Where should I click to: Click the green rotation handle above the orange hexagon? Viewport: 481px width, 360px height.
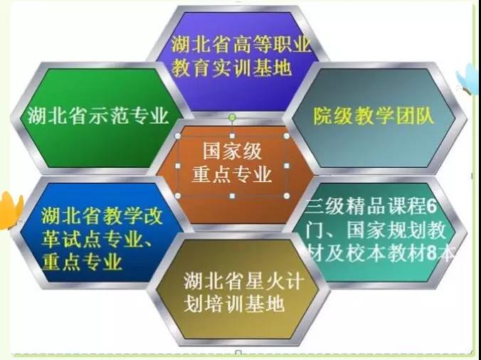pos(233,117)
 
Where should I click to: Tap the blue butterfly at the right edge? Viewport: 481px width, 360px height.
pos(469,79)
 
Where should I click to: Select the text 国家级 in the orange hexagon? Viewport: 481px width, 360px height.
pos(232,151)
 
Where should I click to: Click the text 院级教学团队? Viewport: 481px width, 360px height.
pos(374,116)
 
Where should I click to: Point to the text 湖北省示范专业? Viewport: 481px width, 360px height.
pos(98,115)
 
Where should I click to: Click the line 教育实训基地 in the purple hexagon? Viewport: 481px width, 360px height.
pos(231,68)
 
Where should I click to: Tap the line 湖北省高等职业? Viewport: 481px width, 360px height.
pos(241,45)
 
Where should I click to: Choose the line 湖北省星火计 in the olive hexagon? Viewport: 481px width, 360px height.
pos(244,281)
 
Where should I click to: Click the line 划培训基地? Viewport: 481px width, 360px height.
pos(234,304)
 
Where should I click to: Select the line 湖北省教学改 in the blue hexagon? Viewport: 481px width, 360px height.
pos(102,216)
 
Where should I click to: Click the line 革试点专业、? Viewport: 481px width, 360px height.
pos(97,239)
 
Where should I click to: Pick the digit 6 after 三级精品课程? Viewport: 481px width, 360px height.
pos(431,206)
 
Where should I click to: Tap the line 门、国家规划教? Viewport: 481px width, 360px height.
pos(376,230)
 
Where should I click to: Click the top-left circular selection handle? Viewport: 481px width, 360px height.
pos(178,136)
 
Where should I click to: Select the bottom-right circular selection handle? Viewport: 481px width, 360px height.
pos(287,196)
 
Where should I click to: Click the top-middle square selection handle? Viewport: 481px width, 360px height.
pos(232,136)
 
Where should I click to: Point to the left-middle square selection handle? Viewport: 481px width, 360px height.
pos(178,166)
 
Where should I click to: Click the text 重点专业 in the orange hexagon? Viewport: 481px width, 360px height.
pos(232,174)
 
